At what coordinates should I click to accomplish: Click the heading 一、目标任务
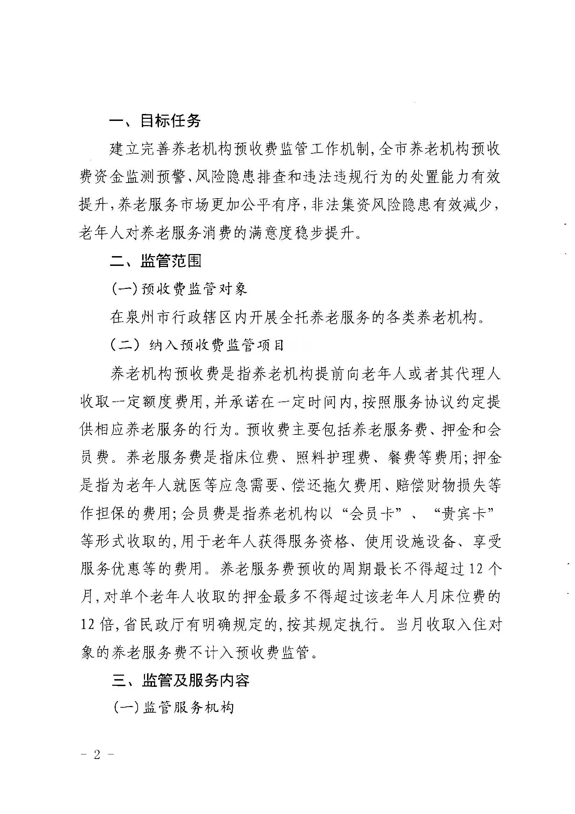pyautogui.click(x=155, y=121)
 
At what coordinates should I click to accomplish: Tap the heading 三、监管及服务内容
pyautogui.click(x=181, y=679)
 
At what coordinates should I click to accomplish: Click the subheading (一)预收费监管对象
pyautogui.click(x=179, y=289)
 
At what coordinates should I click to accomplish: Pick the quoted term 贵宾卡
pyautogui.click(x=464, y=513)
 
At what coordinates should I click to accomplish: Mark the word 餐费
pyautogui.click(x=402, y=457)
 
